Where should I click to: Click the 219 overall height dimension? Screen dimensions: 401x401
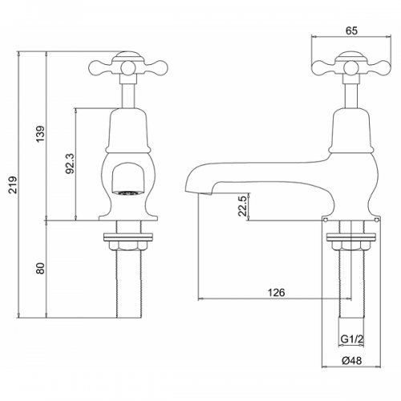pos(13,184)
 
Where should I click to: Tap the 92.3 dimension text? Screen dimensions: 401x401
pos(70,164)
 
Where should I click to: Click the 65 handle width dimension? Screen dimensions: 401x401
pos(351,31)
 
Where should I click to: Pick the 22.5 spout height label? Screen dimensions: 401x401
pos(243,206)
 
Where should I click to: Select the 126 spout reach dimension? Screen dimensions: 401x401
pos(277,293)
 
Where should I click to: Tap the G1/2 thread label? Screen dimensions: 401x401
pos(352,339)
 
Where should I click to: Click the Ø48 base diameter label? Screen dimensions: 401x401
pos(351,361)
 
